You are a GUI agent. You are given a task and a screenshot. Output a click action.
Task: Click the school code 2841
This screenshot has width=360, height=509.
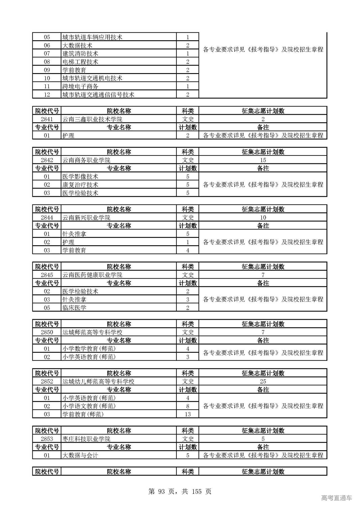coord(47,119)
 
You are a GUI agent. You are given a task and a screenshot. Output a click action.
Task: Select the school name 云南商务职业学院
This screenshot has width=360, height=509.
coord(86,160)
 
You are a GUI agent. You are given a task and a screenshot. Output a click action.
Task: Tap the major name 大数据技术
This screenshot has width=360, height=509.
coord(77,45)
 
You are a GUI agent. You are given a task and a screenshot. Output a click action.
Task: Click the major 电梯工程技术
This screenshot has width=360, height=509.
coord(80,62)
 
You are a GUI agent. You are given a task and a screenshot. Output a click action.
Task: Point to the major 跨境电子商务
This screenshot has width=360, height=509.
coord(80,86)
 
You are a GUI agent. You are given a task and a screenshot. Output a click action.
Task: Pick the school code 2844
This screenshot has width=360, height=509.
coord(47,217)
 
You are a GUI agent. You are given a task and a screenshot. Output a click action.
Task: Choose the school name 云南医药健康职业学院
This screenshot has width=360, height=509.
coord(92,275)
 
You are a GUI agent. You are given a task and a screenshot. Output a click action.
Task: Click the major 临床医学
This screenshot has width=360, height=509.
coord(74,308)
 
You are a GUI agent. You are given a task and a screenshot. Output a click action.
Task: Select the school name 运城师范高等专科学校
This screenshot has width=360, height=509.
coord(92,332)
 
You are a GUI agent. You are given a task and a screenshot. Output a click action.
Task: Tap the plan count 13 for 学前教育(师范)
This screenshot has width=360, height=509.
coord(188,414)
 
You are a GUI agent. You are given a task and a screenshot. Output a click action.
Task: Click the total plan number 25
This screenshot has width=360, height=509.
coord(263,381)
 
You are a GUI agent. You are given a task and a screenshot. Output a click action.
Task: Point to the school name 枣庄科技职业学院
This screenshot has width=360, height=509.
coord(86,439)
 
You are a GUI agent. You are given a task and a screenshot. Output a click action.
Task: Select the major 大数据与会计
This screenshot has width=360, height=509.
coord(80,455)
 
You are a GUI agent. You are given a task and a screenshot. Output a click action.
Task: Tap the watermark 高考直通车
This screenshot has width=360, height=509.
coord(336,498)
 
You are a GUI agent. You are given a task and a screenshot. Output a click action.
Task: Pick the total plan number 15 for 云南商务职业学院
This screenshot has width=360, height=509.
coord(263,160)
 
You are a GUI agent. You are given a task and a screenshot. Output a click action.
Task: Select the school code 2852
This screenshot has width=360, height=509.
coord(47,381)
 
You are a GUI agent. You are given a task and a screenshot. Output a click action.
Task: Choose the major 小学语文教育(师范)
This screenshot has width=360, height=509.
coord(89,406)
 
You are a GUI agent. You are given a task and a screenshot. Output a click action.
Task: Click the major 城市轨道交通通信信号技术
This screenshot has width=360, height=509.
coord(98,94)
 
